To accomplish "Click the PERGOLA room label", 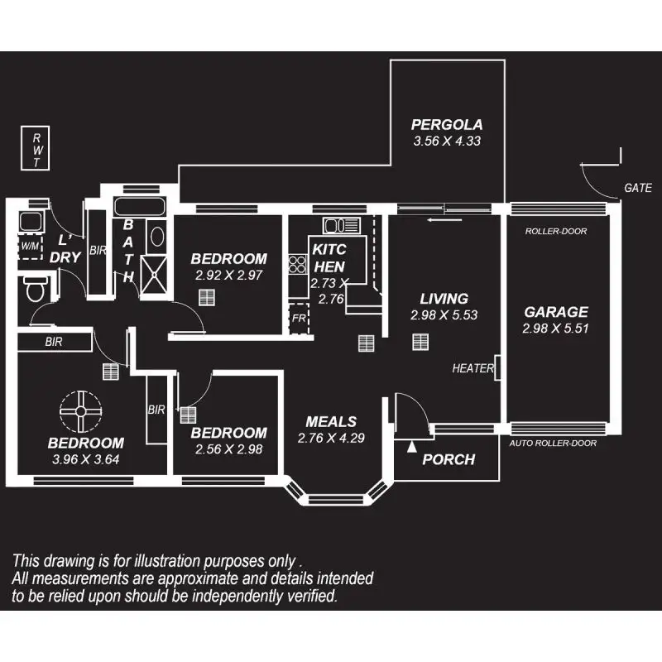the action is click(x=447, y=125).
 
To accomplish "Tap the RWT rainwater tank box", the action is click(x=36, y=148).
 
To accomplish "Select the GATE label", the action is click(x=637, y=188).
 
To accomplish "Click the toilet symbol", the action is click(x=36, y=289).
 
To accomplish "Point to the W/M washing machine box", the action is click(x=31, y=246).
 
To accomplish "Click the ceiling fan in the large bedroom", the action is click(x=80, y=411).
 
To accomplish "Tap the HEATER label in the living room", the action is click(x=473, y=368).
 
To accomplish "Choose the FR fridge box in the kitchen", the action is click(x=299, y=318).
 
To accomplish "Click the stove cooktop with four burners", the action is click(x=298, y=265).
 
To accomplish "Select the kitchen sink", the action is click(x=342, y=225).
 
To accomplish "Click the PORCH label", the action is click(x=449, y=459).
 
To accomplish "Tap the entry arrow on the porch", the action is click(x=412, y=446).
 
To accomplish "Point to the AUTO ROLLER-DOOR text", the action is click(x=553, y=443).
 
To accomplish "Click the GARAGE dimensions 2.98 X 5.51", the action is click(x=555, y=329).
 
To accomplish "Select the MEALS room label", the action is click(x=331, y=422).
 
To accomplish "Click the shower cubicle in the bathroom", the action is click(x=154, y=275).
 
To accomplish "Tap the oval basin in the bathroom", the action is click(x=157, y=237).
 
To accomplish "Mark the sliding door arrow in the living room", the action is click(x=444, y=220).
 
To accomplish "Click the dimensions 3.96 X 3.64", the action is click(x=86, y=459).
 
